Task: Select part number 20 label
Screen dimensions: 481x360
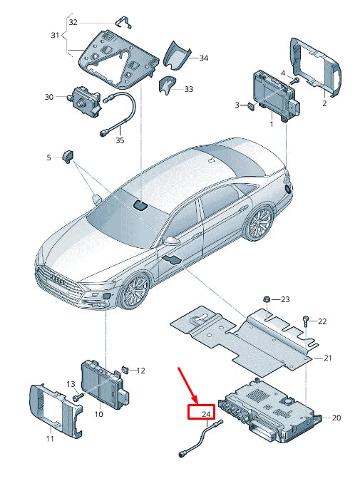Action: pyautogui.click(x=336, y=418)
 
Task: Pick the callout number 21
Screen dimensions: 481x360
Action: pyautogui.click(x=328, y=358)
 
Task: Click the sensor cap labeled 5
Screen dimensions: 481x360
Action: pyautogui.click(x=69, y=156)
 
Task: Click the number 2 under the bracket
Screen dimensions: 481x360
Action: pyautogui.click(x=324, y=103)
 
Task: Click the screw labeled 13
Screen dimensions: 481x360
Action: pyautogui.click(x=81, y=395)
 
